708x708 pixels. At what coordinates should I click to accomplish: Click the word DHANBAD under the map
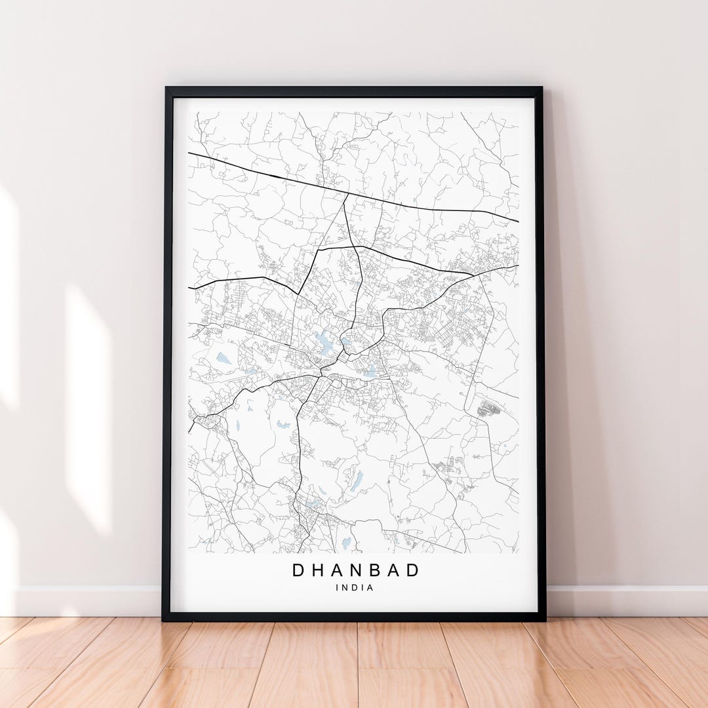click(355, 570)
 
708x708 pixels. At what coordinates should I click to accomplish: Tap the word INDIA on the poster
click(355, 587)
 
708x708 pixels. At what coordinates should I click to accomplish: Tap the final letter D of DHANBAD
click(412, 570)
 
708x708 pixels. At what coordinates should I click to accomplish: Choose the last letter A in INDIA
click(370, 587)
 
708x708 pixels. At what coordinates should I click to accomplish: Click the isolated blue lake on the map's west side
click(224, 358)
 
